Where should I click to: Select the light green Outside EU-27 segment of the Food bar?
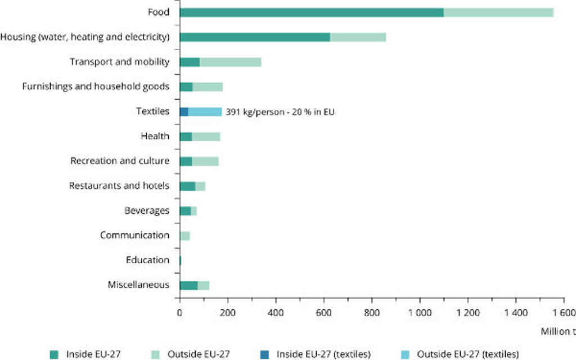(498, 12)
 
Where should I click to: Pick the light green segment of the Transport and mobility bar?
(231, 62)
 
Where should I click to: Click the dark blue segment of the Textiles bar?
(184, 111)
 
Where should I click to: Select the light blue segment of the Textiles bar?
(205, 111)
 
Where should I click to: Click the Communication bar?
(185, 236)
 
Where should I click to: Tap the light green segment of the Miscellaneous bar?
(204, 285)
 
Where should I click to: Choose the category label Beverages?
(147, 211)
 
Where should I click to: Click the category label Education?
(148, 260)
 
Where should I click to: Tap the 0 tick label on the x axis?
(179, 313)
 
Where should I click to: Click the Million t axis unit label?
(558, 331)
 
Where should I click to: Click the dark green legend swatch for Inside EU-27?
(54, 354)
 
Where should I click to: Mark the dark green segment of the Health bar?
(186, 137)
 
